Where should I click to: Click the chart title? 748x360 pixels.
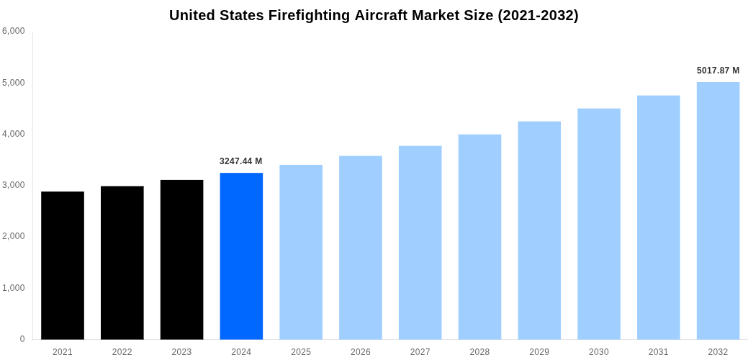374,15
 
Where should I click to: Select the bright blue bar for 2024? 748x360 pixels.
241,256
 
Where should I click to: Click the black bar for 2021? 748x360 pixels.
63,265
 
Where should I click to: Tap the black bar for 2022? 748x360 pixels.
122,263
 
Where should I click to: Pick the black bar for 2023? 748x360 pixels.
181,259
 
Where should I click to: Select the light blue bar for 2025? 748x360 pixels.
301,252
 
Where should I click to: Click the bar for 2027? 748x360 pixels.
420,243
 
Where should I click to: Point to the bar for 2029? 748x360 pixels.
539,230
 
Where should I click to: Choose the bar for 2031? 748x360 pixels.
658,217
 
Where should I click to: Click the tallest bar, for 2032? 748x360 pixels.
718,210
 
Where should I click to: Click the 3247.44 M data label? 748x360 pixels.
241,161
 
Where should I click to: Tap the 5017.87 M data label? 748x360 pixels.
718,71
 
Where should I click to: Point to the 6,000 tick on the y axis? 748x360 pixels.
14,31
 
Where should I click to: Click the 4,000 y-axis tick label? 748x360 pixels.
14,134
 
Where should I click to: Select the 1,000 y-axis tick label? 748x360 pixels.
14,288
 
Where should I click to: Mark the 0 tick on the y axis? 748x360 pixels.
22,339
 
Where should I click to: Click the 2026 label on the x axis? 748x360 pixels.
361,352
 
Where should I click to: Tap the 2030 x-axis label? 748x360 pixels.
599,352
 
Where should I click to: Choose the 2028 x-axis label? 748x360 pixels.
479,352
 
